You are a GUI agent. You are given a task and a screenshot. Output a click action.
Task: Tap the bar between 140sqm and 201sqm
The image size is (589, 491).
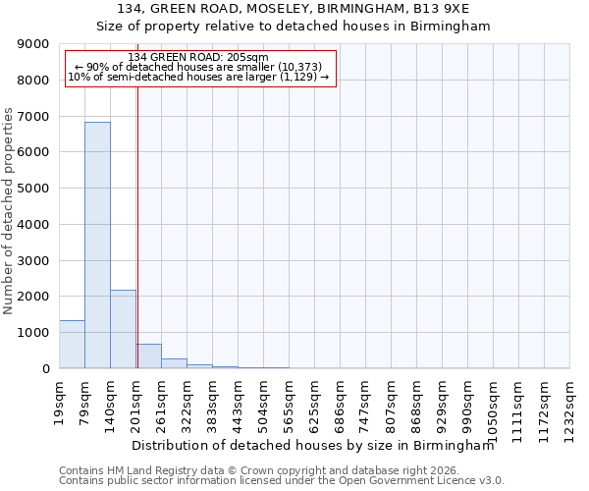(123, 329)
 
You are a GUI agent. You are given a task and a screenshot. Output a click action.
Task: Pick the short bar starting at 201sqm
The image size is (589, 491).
(149, 356)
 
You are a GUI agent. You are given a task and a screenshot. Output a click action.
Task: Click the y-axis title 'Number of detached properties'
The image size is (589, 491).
(9, 211)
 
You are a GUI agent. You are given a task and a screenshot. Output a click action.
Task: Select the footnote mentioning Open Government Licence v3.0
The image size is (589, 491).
(282, 480)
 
